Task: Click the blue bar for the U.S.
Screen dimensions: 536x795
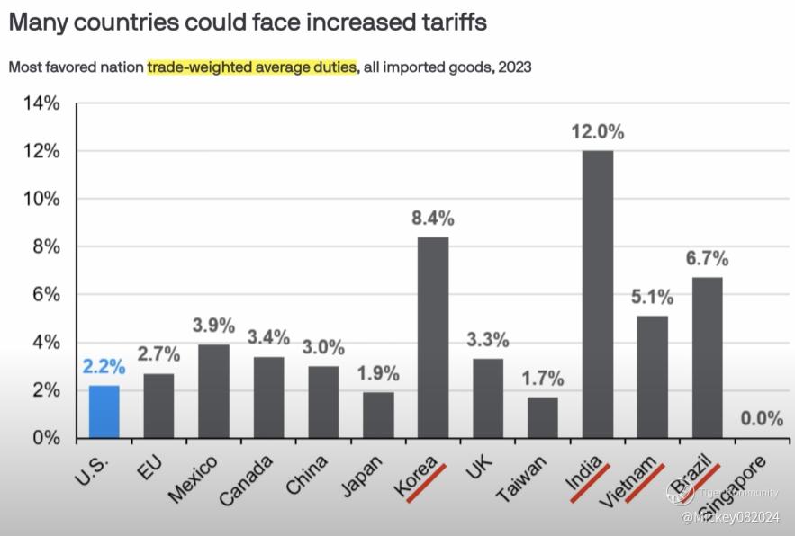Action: coord(104,411)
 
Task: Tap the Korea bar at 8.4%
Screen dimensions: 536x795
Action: coord(433,337)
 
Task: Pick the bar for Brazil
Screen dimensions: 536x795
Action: coord(707,357)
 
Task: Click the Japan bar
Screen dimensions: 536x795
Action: coord(378,415)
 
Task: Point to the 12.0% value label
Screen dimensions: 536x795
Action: coord(598,131)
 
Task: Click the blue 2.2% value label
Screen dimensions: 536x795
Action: coord(104,366)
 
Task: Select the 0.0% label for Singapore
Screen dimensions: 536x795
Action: coord(761,418)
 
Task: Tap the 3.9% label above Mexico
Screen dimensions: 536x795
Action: coord(213,325)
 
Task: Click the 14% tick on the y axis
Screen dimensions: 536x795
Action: coord(41,103)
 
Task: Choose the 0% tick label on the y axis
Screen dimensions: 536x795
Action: coord(45,439)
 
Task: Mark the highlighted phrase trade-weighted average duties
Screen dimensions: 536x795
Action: coord(251,67)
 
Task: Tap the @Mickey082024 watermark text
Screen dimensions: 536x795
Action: coord(730,517)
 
